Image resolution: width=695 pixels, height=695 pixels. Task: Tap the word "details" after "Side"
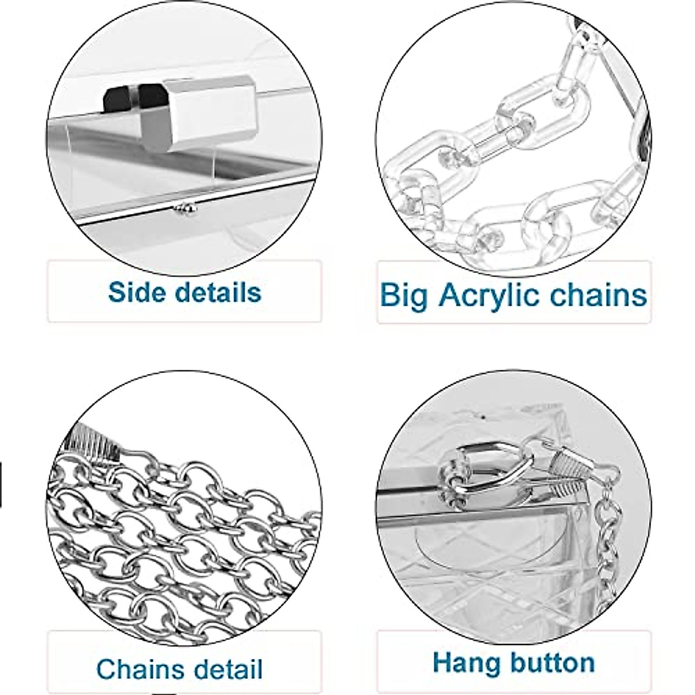[x=217, y=292]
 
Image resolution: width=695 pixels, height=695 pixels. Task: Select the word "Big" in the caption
[x=404, y=295]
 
